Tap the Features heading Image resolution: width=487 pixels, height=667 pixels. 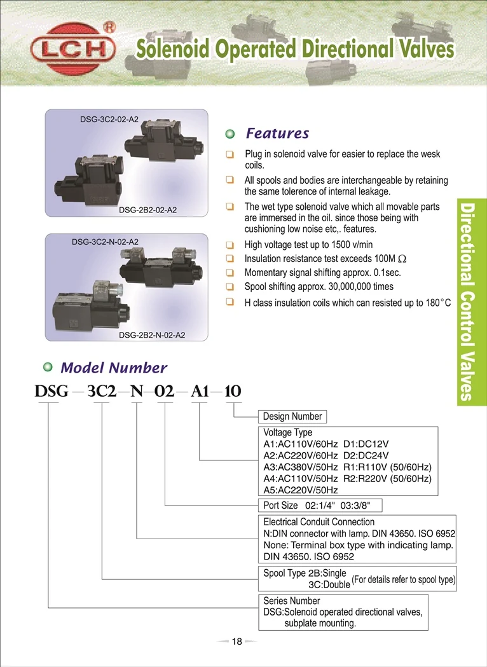(x=277, y=133)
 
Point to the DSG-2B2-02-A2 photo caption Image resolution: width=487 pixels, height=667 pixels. (x=147, y=210)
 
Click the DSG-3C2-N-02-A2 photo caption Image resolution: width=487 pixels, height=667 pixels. (x=104, y=242)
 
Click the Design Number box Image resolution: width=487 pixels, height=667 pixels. (x=292, y=417)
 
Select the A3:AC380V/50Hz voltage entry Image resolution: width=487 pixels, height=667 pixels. (x=301, y=467)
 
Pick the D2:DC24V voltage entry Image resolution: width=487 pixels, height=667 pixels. (x=365, y=455)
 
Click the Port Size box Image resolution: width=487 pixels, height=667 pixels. (x=322, y=505)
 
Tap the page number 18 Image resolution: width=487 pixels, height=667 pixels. (x=237, y=642)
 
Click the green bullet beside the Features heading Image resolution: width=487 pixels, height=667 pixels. (x=231, y=134)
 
